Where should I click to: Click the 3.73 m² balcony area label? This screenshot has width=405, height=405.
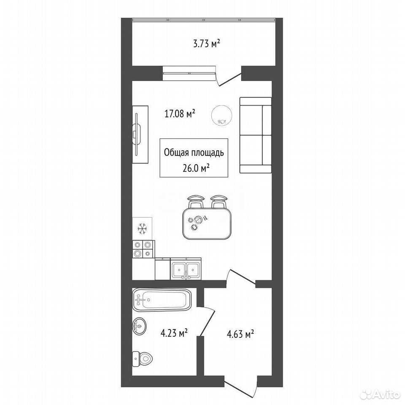click(x=207, y=44)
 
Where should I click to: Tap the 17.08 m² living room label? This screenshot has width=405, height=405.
click(x=180, y=113)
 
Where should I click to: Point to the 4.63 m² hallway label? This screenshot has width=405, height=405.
click(x=240, y=334)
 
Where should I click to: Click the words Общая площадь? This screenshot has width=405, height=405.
click(x=194, y=153)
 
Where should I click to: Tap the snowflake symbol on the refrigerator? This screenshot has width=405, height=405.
click(x=142, y=229)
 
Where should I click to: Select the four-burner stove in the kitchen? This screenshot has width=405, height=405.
click(x=143, y=249)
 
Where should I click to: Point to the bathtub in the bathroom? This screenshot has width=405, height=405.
click(x=162, y=300)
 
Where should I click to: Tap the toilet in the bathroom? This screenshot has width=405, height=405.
click(x=142, y=359)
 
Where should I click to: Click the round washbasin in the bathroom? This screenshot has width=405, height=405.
click(x=140, y=326)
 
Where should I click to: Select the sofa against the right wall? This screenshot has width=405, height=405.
click(x=256, y=135)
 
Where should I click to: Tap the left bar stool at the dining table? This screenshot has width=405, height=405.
click(x=196, y=202)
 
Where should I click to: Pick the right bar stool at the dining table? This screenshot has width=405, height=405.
click(x=219, y=202)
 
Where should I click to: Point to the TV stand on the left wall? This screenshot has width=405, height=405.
click(x=140, y=134)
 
